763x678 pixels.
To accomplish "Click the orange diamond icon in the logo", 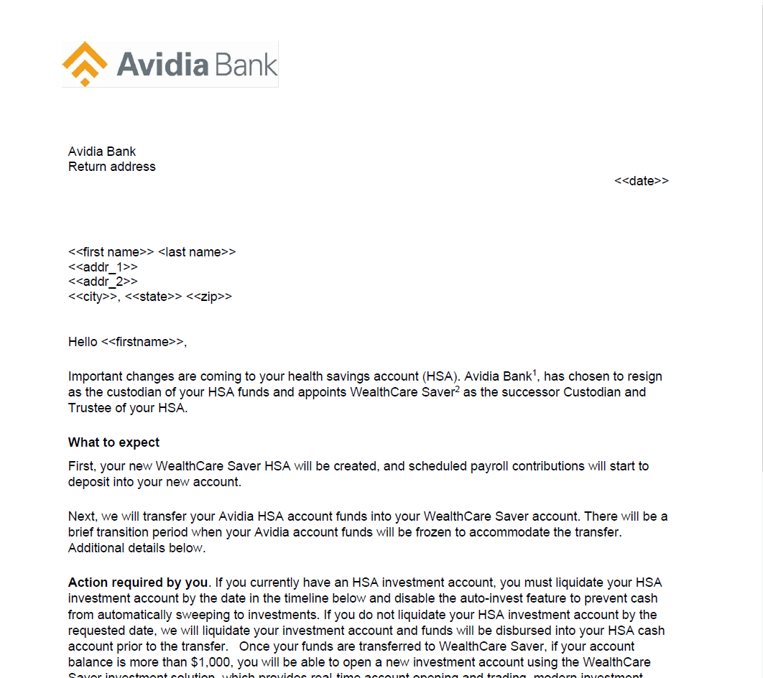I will (85, 63).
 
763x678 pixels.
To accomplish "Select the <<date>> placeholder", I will (641, 181).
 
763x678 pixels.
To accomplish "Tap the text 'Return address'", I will (111, 167).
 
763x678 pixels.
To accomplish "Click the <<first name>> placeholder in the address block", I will (111, 252).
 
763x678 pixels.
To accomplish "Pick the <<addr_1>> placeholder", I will (103, 267).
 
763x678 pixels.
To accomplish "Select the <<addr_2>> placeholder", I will (103, 282).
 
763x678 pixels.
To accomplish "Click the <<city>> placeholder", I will (93, 297).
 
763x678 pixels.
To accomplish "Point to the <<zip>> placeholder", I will (209, 297).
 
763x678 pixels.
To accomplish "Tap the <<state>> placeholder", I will (154, 297).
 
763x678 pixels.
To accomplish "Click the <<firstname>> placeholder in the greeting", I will (143, 342).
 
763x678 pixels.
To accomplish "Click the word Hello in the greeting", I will (83, 342).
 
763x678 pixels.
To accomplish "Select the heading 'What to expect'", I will (114, 442).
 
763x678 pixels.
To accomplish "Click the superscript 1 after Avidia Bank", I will (535, 373).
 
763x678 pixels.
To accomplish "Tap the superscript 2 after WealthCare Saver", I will (457, 389).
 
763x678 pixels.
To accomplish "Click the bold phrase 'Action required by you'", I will (137, 582).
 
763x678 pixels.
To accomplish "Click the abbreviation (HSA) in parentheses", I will (441, 376).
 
